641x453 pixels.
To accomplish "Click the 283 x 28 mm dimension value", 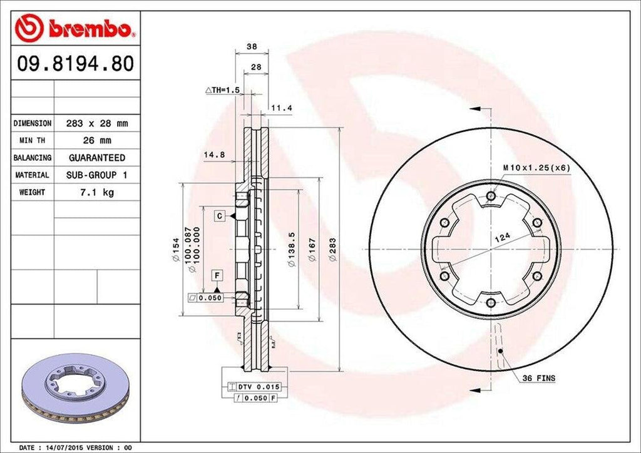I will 96,124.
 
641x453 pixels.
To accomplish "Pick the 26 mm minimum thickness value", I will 96,141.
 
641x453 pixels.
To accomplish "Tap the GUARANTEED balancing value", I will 96,158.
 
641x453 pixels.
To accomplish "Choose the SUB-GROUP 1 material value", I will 96,175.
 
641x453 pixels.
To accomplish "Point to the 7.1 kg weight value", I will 96,192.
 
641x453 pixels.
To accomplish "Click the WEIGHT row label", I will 33,192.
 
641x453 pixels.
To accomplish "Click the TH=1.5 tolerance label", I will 223,90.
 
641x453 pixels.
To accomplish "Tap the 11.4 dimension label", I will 282,108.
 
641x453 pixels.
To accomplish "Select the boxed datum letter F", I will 217,276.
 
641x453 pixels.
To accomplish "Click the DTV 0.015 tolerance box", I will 257,388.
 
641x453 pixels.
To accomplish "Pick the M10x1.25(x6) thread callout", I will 536,168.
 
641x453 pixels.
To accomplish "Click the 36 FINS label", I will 539,379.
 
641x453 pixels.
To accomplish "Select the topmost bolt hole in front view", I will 491,197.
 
